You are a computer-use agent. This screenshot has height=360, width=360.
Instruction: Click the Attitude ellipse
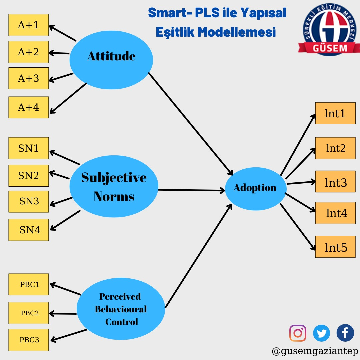pyautogui.click(x=111, y=60)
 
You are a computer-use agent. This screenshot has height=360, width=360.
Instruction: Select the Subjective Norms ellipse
pyautogui.click(x=114, y=187)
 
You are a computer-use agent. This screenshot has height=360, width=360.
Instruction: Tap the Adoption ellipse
pyautogui.click(x=255, y=188)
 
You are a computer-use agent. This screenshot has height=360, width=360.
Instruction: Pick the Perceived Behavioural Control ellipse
pyautogui.click(x=121, y=309)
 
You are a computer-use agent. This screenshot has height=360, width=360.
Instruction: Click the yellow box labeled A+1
pyautogui.click(x=28, y=25)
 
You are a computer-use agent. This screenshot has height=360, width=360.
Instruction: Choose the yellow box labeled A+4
pyautogui.click(x=28, y=107)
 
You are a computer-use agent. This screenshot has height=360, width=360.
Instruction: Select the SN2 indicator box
pyautogui.click(x=28, y=176)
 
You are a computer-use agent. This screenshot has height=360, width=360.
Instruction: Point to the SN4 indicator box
pyautogui.click(x=28, y=230)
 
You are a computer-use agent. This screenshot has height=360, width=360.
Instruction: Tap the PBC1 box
pyautogui.click(x=28, y=284)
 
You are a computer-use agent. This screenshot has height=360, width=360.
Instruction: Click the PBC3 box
pyautogui.click(x=28, y=340)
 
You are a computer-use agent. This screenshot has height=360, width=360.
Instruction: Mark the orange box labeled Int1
pyautogui.click(x=335, y=113)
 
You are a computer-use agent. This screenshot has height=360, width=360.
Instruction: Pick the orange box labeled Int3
pyautogui.click(x=335, y=183)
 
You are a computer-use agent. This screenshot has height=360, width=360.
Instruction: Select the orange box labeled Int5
pyautogui.click(x=335, y=247)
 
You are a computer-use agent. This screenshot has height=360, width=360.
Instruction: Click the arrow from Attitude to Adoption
pyautogui.click(x=190, y=123)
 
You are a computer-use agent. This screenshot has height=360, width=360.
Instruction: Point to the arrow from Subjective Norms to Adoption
pyautogui.click(x=192, y=190)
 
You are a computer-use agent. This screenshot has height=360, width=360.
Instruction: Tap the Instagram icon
pyautogui.click(x=298, y=333)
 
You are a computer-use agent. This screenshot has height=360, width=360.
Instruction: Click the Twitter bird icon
pyautogui.click(x=322, y=333)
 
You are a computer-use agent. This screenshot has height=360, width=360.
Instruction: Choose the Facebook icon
pyautogui.click(x=345, y=333)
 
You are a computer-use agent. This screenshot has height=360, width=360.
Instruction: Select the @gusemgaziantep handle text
pyautogui.click(x=315, y=351)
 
